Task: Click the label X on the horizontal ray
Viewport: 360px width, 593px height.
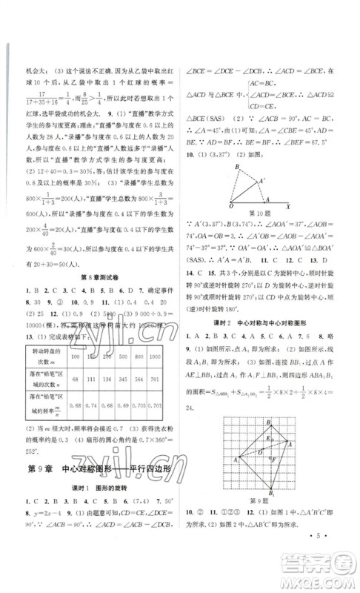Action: (287, 208)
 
